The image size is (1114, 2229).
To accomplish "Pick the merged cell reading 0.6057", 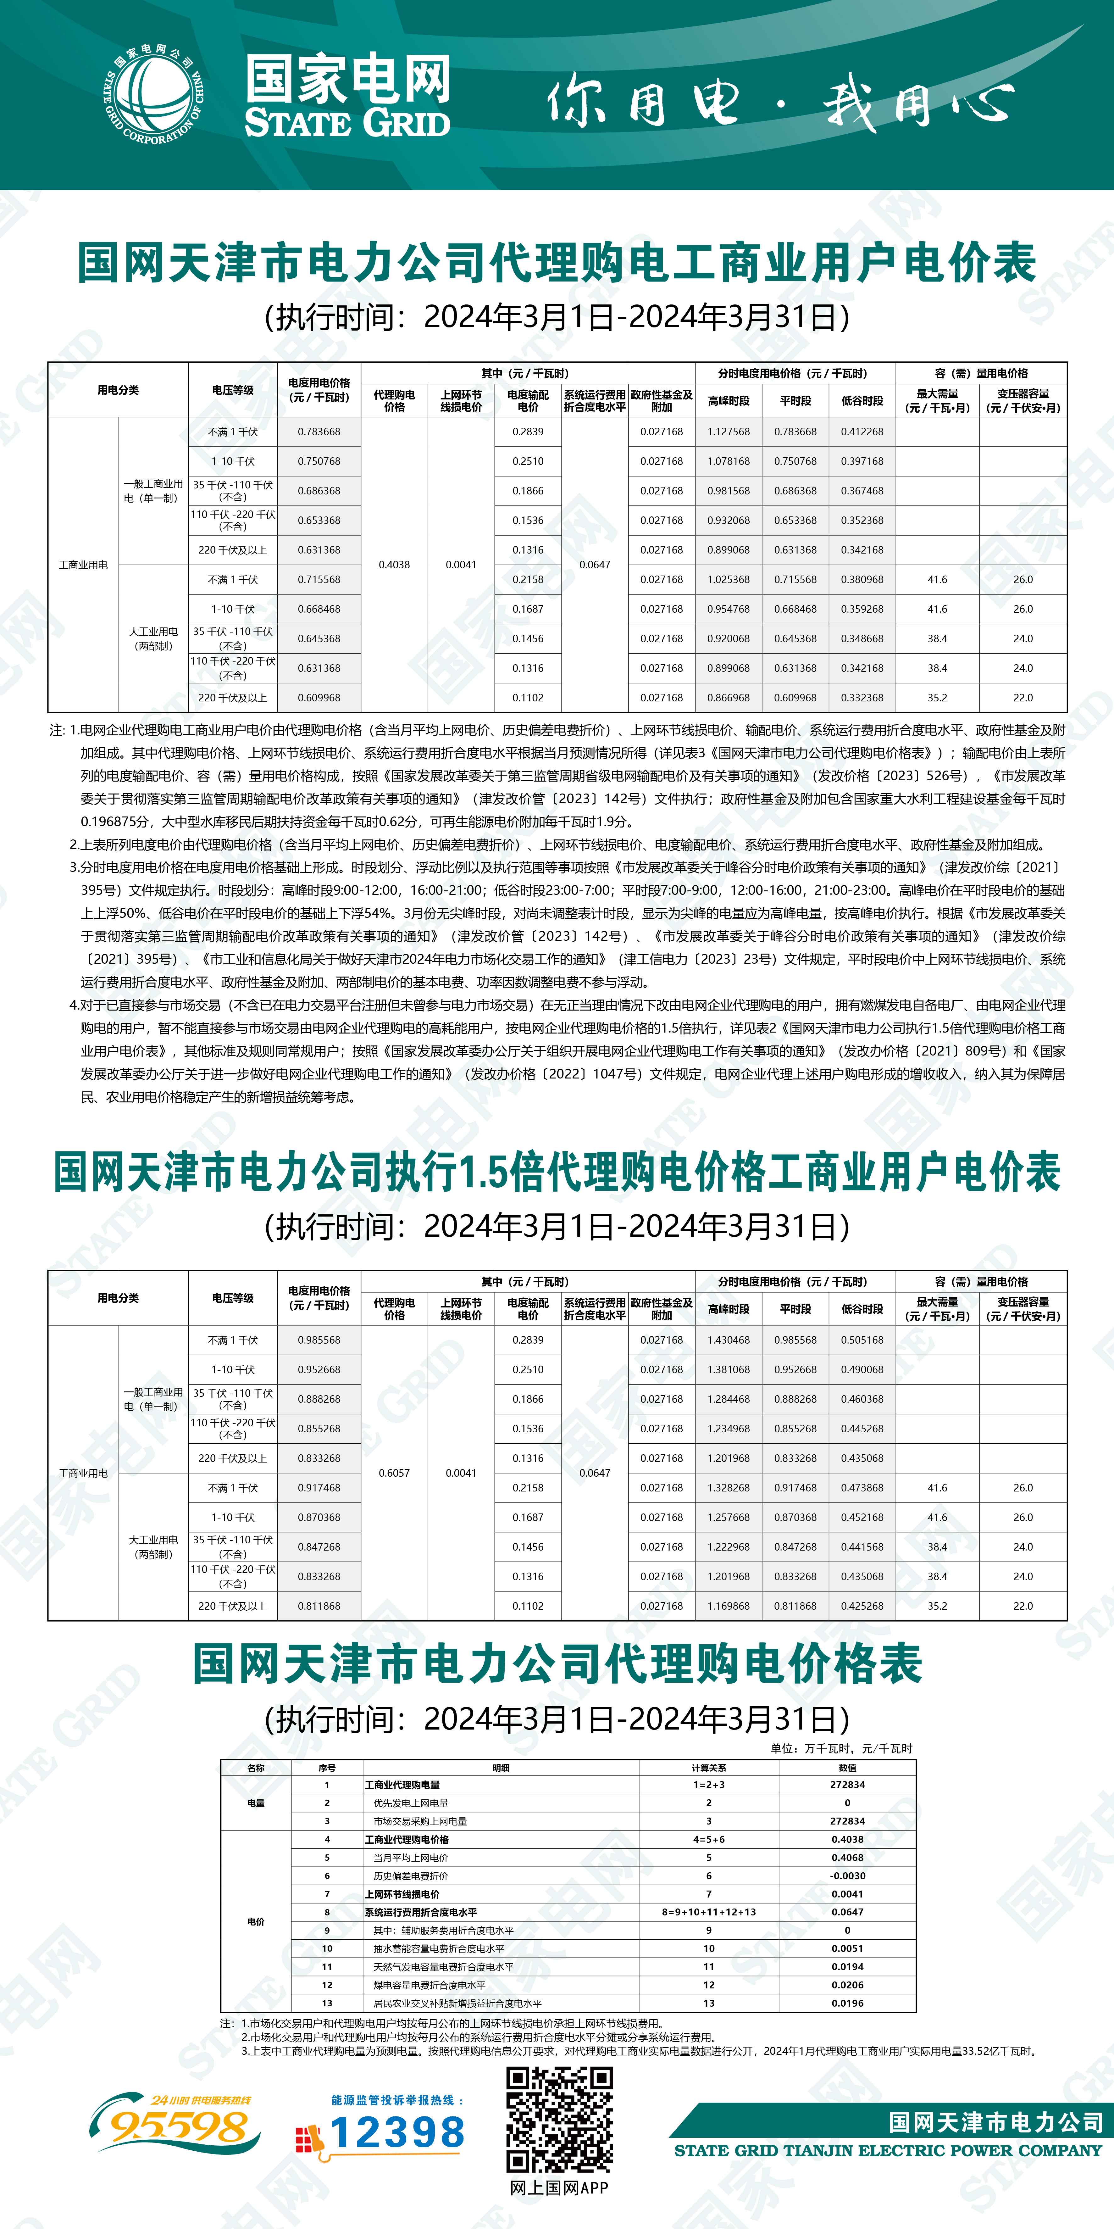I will click(x=394, y=1473).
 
